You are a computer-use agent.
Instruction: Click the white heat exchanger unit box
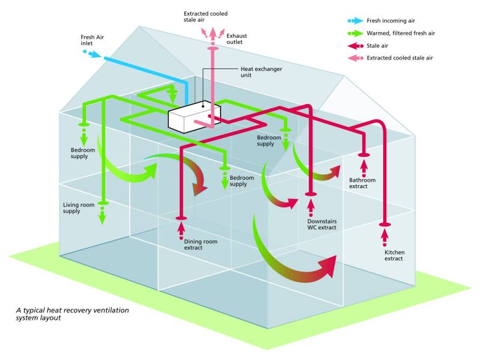pyautogui.click(x=193, y=117)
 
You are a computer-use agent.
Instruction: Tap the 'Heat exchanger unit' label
pyautogui.click(x=261, y=72)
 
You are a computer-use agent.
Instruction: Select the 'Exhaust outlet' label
pyautogui.click(x=237, y=39)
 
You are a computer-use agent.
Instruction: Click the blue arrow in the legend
pyautogui.click(x=356, y=20)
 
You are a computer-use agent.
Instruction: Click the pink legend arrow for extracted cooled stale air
pyautogui.click(x=356, y=58)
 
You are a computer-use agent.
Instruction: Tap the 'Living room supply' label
pyautogui.click(x=80, y=208)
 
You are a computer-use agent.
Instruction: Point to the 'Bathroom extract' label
pyautogui.click(x=362, y=183)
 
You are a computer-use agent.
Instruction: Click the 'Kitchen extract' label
pyautogui.click(x=394, y=255)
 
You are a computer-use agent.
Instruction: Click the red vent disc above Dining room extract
pyautogui.click(x=181, y=218)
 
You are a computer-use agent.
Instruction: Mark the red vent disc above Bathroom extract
pyautogui.click(x=363, y=154)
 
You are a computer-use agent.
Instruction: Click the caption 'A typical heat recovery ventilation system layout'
pyautogui.click(x=72, y=314)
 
